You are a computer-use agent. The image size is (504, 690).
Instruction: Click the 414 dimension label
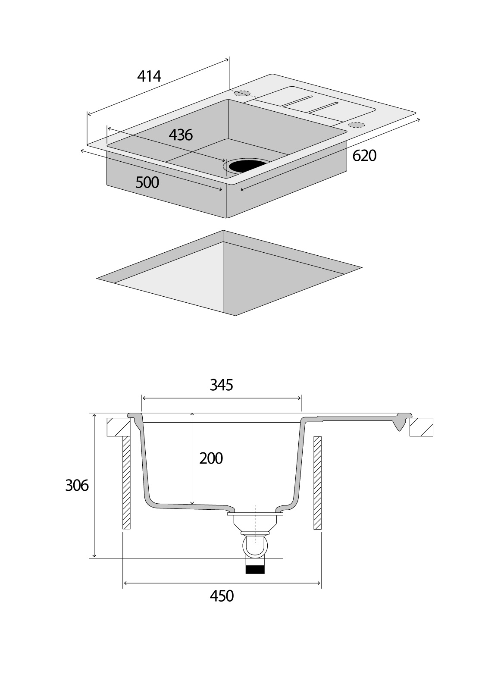(x=149, y=76)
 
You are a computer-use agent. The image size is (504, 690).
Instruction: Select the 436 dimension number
(x=181, y=135)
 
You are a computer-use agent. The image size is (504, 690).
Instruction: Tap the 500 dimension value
(x=147, y=182)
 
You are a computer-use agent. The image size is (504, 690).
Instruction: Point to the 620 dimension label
(x=364, y=156)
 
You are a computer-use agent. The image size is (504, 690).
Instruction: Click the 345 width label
(x=221, y=385)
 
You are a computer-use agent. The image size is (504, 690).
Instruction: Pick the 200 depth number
(x=211, y=458)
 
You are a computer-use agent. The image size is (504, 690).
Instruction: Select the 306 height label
(x=77, y=486)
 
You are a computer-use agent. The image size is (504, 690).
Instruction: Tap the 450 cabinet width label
(x=222, y=596)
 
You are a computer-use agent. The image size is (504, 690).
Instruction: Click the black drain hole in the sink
(x=246, y=165)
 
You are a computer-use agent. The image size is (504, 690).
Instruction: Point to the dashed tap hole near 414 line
(x=242, y=93)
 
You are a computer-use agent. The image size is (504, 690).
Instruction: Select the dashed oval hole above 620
(x=356, y=125)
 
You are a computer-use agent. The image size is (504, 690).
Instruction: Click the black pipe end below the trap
(x=255, y=569)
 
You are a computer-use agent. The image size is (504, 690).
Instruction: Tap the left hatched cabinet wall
(x=126, y=483)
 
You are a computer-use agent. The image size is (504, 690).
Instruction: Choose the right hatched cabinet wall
(x=318, y=483)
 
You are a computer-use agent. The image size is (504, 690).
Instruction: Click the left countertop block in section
(x=117, y=427)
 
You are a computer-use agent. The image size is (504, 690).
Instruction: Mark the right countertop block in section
(x=421, y=427)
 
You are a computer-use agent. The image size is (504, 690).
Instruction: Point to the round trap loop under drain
(x=255, y=545)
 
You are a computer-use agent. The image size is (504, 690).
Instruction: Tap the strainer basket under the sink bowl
(x=255, y=523)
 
